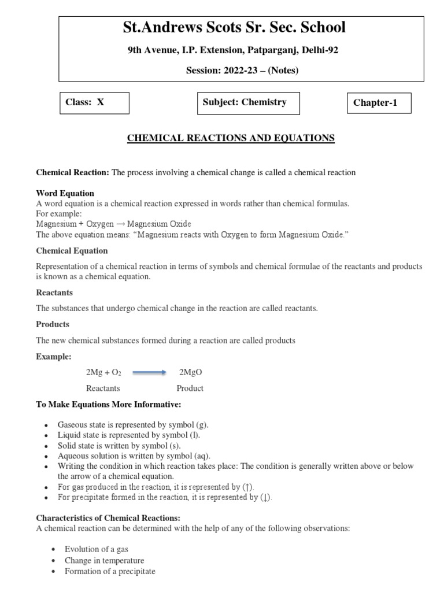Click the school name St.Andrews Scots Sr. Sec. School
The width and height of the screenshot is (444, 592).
pos(234,27)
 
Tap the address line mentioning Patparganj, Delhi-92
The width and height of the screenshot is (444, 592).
pos(233,50)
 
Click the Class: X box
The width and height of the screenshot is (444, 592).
pos(94,103)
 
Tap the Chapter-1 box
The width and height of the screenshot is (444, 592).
pos(379,103)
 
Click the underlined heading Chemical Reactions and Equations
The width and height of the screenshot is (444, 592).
pos(231,138)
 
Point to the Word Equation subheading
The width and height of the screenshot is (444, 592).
pos(65,193)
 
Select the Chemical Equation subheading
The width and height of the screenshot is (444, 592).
pos(72,251)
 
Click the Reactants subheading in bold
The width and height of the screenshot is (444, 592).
pos(54,293)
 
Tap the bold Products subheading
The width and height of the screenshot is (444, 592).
pos(53,324)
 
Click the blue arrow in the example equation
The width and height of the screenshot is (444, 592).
pos(149,373)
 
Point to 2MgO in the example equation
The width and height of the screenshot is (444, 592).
pos(191,373)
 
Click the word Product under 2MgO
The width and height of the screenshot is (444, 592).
pos(190,388)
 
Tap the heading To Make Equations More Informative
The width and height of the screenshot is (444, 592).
pos(109,404)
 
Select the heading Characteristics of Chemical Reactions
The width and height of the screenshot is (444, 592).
pos(109,517)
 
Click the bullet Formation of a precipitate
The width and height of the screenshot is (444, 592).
pos(110,571)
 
